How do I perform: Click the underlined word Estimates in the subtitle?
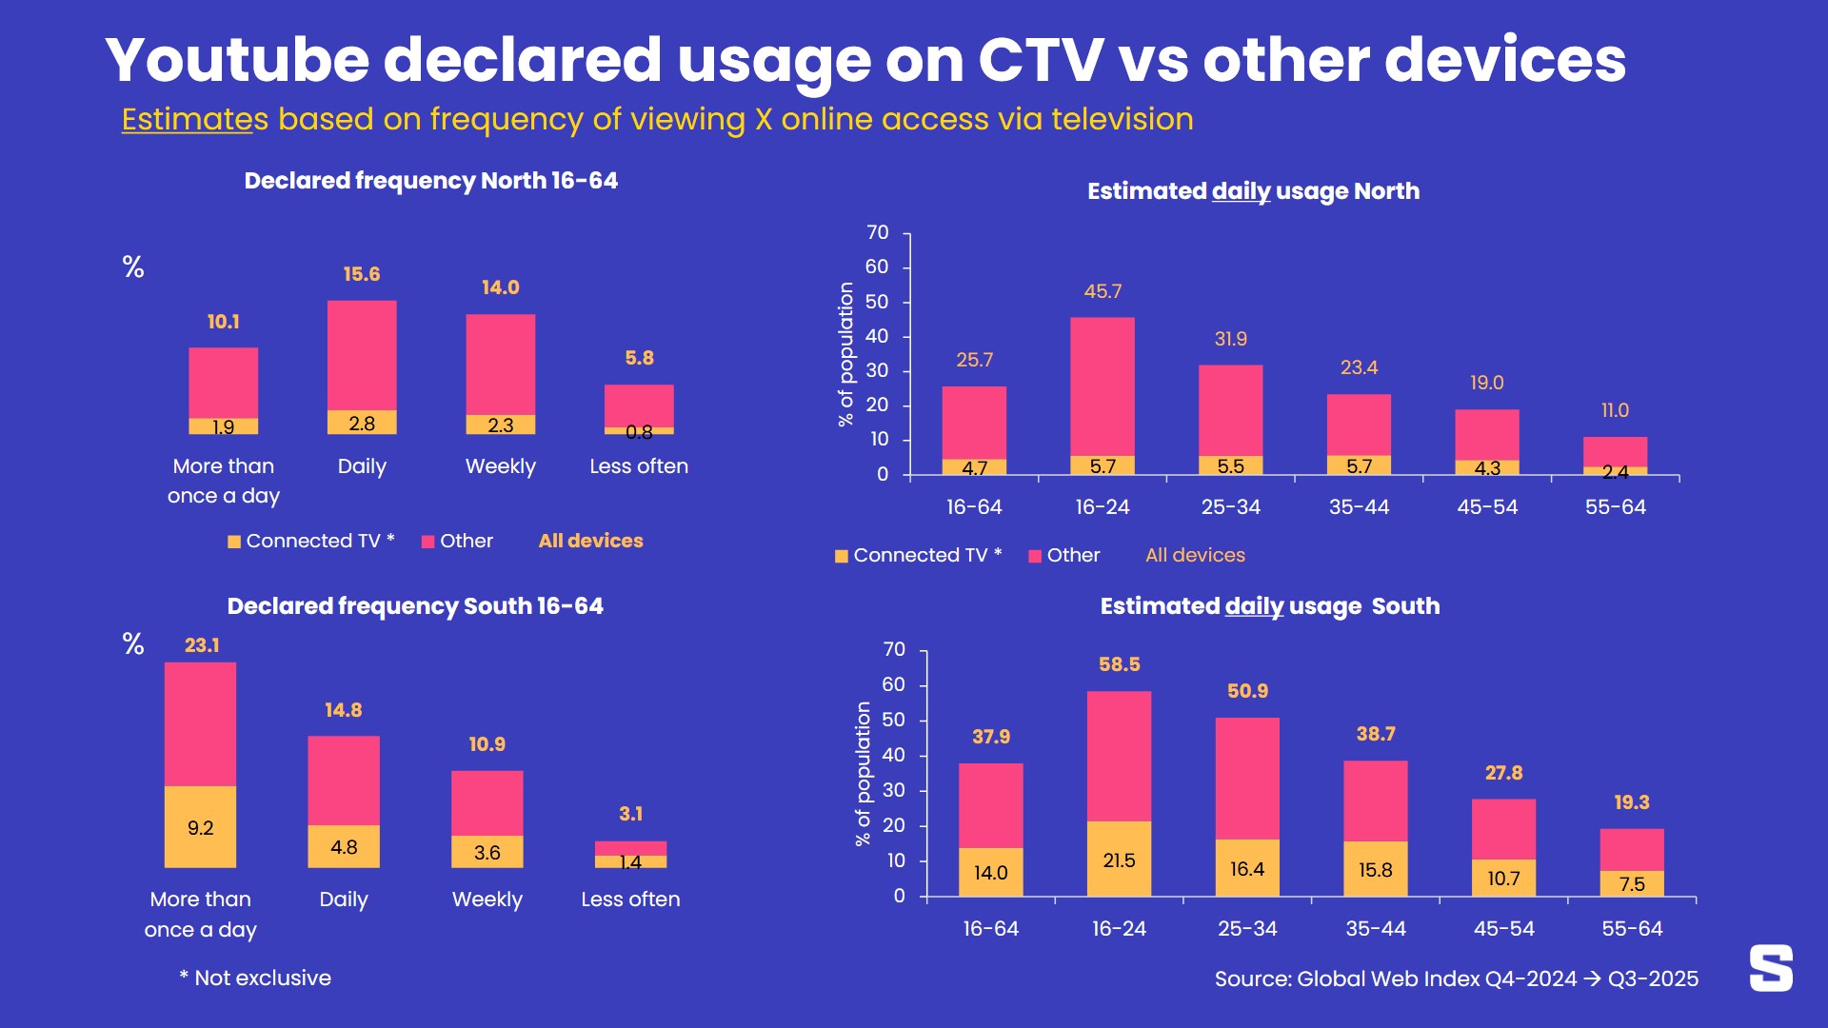point(194,120)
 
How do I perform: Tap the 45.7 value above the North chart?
point(1103,291)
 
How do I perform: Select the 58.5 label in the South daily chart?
point(1119,664)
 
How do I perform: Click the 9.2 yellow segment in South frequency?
point(200,827)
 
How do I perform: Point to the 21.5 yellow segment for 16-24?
point(1119,860)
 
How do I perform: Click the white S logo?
point(1771,968)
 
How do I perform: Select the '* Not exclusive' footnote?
point(254,978)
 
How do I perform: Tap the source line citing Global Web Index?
point(1456,979)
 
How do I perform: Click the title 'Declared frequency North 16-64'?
point(430,181)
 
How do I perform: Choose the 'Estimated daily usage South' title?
point(1269,606)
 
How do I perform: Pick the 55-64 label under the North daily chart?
point(1615,507)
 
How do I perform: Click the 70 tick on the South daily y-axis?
point(894,649)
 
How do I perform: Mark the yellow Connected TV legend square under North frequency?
point(234,542)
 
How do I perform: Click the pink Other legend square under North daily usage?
point(1035,556)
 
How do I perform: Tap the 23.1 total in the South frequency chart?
point(202,645)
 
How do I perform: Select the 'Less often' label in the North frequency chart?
point(638,466)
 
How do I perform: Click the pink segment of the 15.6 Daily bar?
point(362,354)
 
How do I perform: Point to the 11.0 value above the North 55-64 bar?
point(1615,410)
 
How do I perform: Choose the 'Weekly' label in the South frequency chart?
point(487,899)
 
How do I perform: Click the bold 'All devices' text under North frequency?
point(590,541)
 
